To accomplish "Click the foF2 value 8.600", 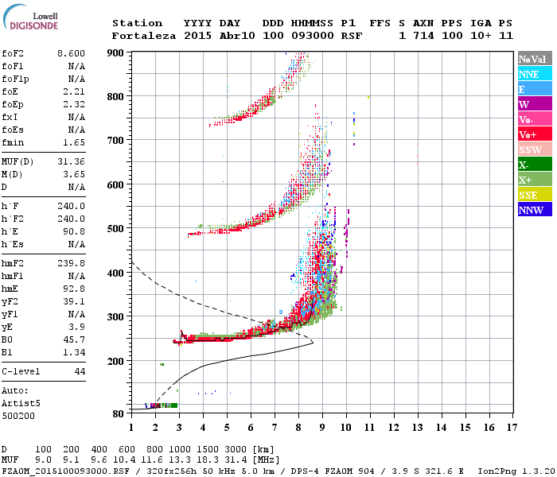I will tap(71, 52).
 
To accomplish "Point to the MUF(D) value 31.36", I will tap(71, 162).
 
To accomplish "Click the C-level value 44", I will tap(80, 371).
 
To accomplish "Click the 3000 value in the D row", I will tap(239, 450).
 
